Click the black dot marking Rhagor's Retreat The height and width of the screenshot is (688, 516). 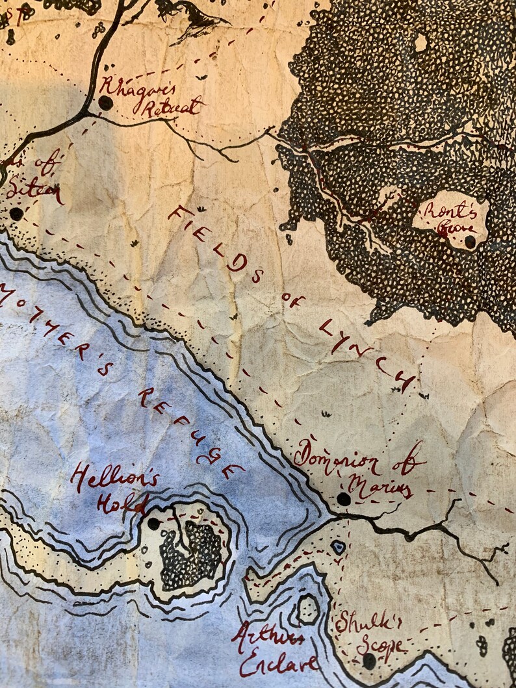pyautogui.click(x=105, y=103)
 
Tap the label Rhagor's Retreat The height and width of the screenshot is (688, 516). pyautogui.click(x=151, y=97)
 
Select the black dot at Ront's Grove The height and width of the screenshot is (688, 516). pyautogui.click(x=470, y=242)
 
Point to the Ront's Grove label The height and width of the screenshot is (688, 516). pyautogui.click(x=449, y=217)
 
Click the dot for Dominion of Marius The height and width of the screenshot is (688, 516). pyautogui.click(x=343, y=499)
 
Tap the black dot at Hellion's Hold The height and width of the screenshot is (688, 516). pyautogui.click(x=153, y=523)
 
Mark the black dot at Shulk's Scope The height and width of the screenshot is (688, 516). pyautogui.click(x=369, y=661)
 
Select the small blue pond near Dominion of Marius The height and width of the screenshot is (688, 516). pyautogui.click(x=338, y=547)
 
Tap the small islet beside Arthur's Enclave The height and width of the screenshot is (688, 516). pyautogui.click(x=307, y=609)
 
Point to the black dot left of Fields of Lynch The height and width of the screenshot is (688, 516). pyautogui.click(x=16, y=214)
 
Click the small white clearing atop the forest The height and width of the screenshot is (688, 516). pyautogui.click(x=421, y=42)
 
